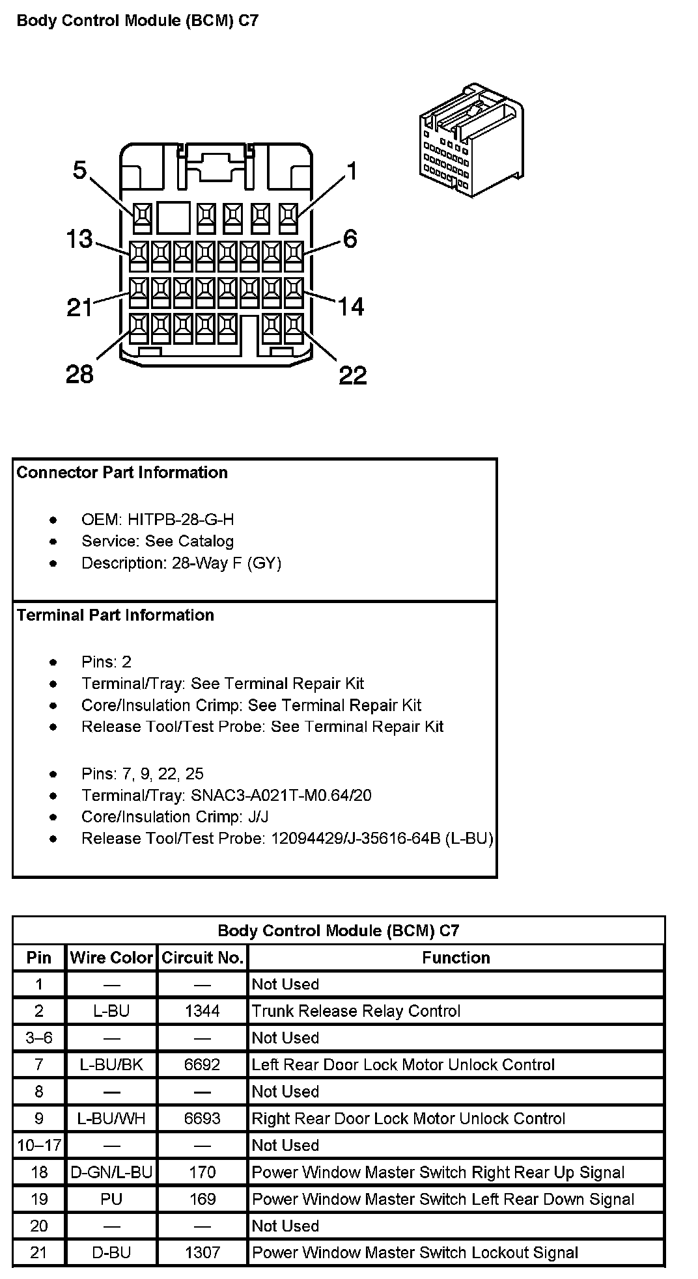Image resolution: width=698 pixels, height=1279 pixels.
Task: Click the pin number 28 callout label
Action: (79, 374)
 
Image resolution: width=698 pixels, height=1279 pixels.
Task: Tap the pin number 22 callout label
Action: (352, 375)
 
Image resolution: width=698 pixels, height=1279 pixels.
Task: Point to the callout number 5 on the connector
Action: (79, 170)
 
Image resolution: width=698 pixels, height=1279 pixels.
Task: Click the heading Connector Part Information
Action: (122, 472)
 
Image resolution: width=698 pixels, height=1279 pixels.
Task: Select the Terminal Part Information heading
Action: (115, 615)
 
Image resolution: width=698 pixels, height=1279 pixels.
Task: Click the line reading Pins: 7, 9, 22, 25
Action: (142, 774)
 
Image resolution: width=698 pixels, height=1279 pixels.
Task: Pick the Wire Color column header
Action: (111, 958)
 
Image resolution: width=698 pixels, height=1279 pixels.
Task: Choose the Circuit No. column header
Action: (202, 958)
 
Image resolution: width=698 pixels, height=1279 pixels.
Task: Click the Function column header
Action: (456, 958)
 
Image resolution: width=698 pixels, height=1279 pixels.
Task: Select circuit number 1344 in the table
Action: (202, 1011)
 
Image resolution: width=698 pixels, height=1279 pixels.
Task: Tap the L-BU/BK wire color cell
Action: (111, 1064)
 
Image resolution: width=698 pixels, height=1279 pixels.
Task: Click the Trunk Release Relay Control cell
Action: (356, 1011)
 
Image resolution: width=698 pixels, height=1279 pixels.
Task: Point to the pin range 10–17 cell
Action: (39, 1145)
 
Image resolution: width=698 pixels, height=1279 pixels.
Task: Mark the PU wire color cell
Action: (111, 1199)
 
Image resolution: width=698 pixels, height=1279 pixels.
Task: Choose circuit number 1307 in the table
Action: (202, 1252)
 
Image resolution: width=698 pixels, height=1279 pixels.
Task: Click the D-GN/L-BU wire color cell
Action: (111, 1172)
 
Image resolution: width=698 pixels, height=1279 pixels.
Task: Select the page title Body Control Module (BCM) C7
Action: (137, 21)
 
